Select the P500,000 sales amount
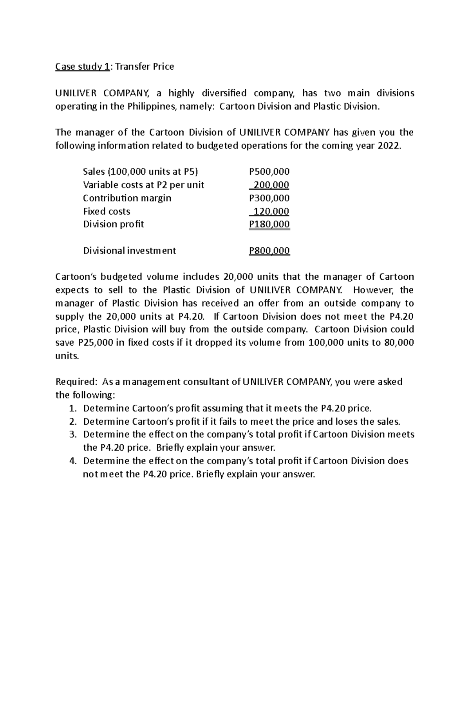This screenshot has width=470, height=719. point(269,172)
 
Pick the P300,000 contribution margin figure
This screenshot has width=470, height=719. point(269,198)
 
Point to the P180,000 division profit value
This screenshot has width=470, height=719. point(269,225)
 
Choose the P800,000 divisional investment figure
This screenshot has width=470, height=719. point(269,251)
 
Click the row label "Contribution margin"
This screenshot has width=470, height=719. point(127,198)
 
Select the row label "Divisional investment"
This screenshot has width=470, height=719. point(129,251)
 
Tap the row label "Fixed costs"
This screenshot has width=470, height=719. point(107,212)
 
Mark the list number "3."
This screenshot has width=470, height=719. point(72,435)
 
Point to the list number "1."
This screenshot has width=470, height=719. point(72,408)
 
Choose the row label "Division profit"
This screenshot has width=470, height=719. point(113,225)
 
